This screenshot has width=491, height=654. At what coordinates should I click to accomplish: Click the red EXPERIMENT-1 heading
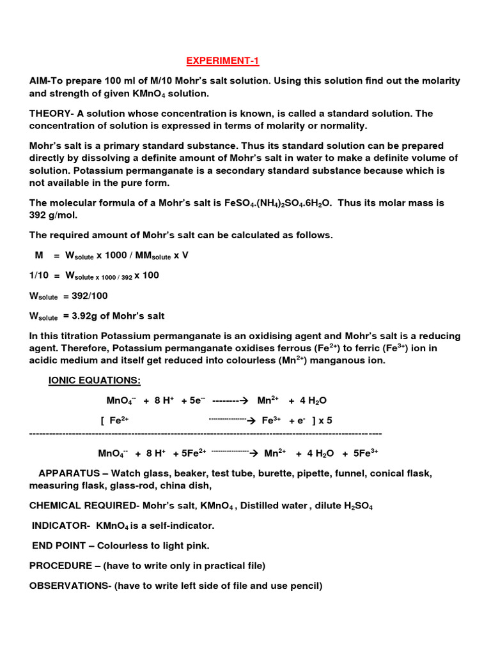[223, 61]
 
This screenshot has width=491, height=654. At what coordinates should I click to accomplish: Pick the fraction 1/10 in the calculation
[38, 275]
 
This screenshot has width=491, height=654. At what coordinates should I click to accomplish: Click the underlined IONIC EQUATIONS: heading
[95, 381]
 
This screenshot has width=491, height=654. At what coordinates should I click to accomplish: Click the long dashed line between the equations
[205, 433]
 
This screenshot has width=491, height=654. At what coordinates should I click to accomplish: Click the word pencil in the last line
[308, 585]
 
